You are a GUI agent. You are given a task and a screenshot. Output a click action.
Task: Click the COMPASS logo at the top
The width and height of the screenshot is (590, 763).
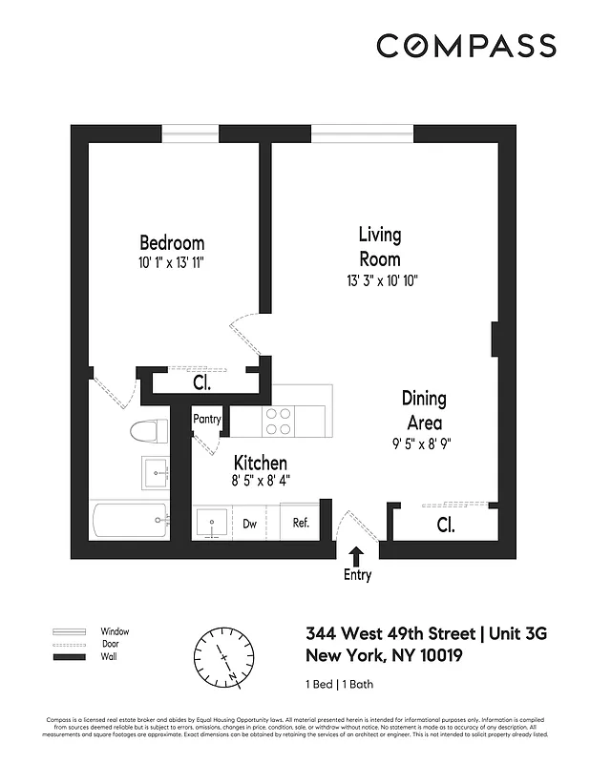pos(465,45)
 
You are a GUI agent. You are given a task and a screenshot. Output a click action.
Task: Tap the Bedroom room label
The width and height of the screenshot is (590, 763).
pos(172,242)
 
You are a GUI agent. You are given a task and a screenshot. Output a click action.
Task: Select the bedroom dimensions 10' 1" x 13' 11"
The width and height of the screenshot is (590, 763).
pos(172,261)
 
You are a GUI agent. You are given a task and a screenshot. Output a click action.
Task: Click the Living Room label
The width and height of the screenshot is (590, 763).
pos(379,246)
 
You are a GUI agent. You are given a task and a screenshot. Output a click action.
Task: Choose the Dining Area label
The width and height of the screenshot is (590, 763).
pos(423,410)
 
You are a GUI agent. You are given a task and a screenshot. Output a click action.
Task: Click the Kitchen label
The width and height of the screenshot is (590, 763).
pos(260,464)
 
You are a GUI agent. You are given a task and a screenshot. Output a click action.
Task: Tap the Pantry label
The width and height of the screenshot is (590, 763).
pos(207,419)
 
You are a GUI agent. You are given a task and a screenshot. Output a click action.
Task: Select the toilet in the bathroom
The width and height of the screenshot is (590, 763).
pos(147,431)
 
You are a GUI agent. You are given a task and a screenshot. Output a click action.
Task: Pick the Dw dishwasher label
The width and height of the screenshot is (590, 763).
pos(249,523)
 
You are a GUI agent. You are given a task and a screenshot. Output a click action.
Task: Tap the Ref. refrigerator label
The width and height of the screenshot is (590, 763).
pos(301,523)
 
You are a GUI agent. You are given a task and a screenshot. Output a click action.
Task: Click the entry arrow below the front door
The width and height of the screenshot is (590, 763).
pos(357,555)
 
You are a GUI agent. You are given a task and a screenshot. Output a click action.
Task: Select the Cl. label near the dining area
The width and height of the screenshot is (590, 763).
pos(445,525)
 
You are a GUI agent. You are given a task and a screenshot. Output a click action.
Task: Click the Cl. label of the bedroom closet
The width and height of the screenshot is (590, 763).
pos(201,384)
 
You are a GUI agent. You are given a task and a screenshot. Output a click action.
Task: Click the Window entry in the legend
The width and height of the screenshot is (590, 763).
pos(115,631)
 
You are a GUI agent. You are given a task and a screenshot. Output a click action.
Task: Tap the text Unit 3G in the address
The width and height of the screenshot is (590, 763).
pos(520,633)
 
